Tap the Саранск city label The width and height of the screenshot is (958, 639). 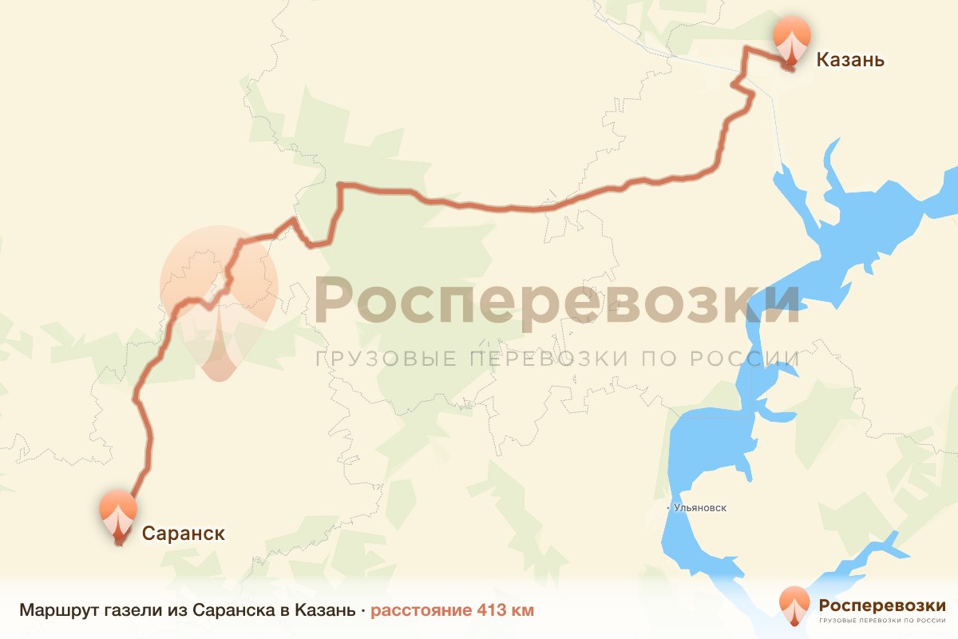(184, 533)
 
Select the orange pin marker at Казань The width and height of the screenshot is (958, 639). (791, 40)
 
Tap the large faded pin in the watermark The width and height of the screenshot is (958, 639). (219, 300)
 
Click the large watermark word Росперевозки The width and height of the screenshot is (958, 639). (557, 301)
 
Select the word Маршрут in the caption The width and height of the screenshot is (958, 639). (59, 611)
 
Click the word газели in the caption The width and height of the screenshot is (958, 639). (132, 611)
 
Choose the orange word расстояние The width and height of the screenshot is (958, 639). (421, 611)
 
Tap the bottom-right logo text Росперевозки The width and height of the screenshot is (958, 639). (882, 605)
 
